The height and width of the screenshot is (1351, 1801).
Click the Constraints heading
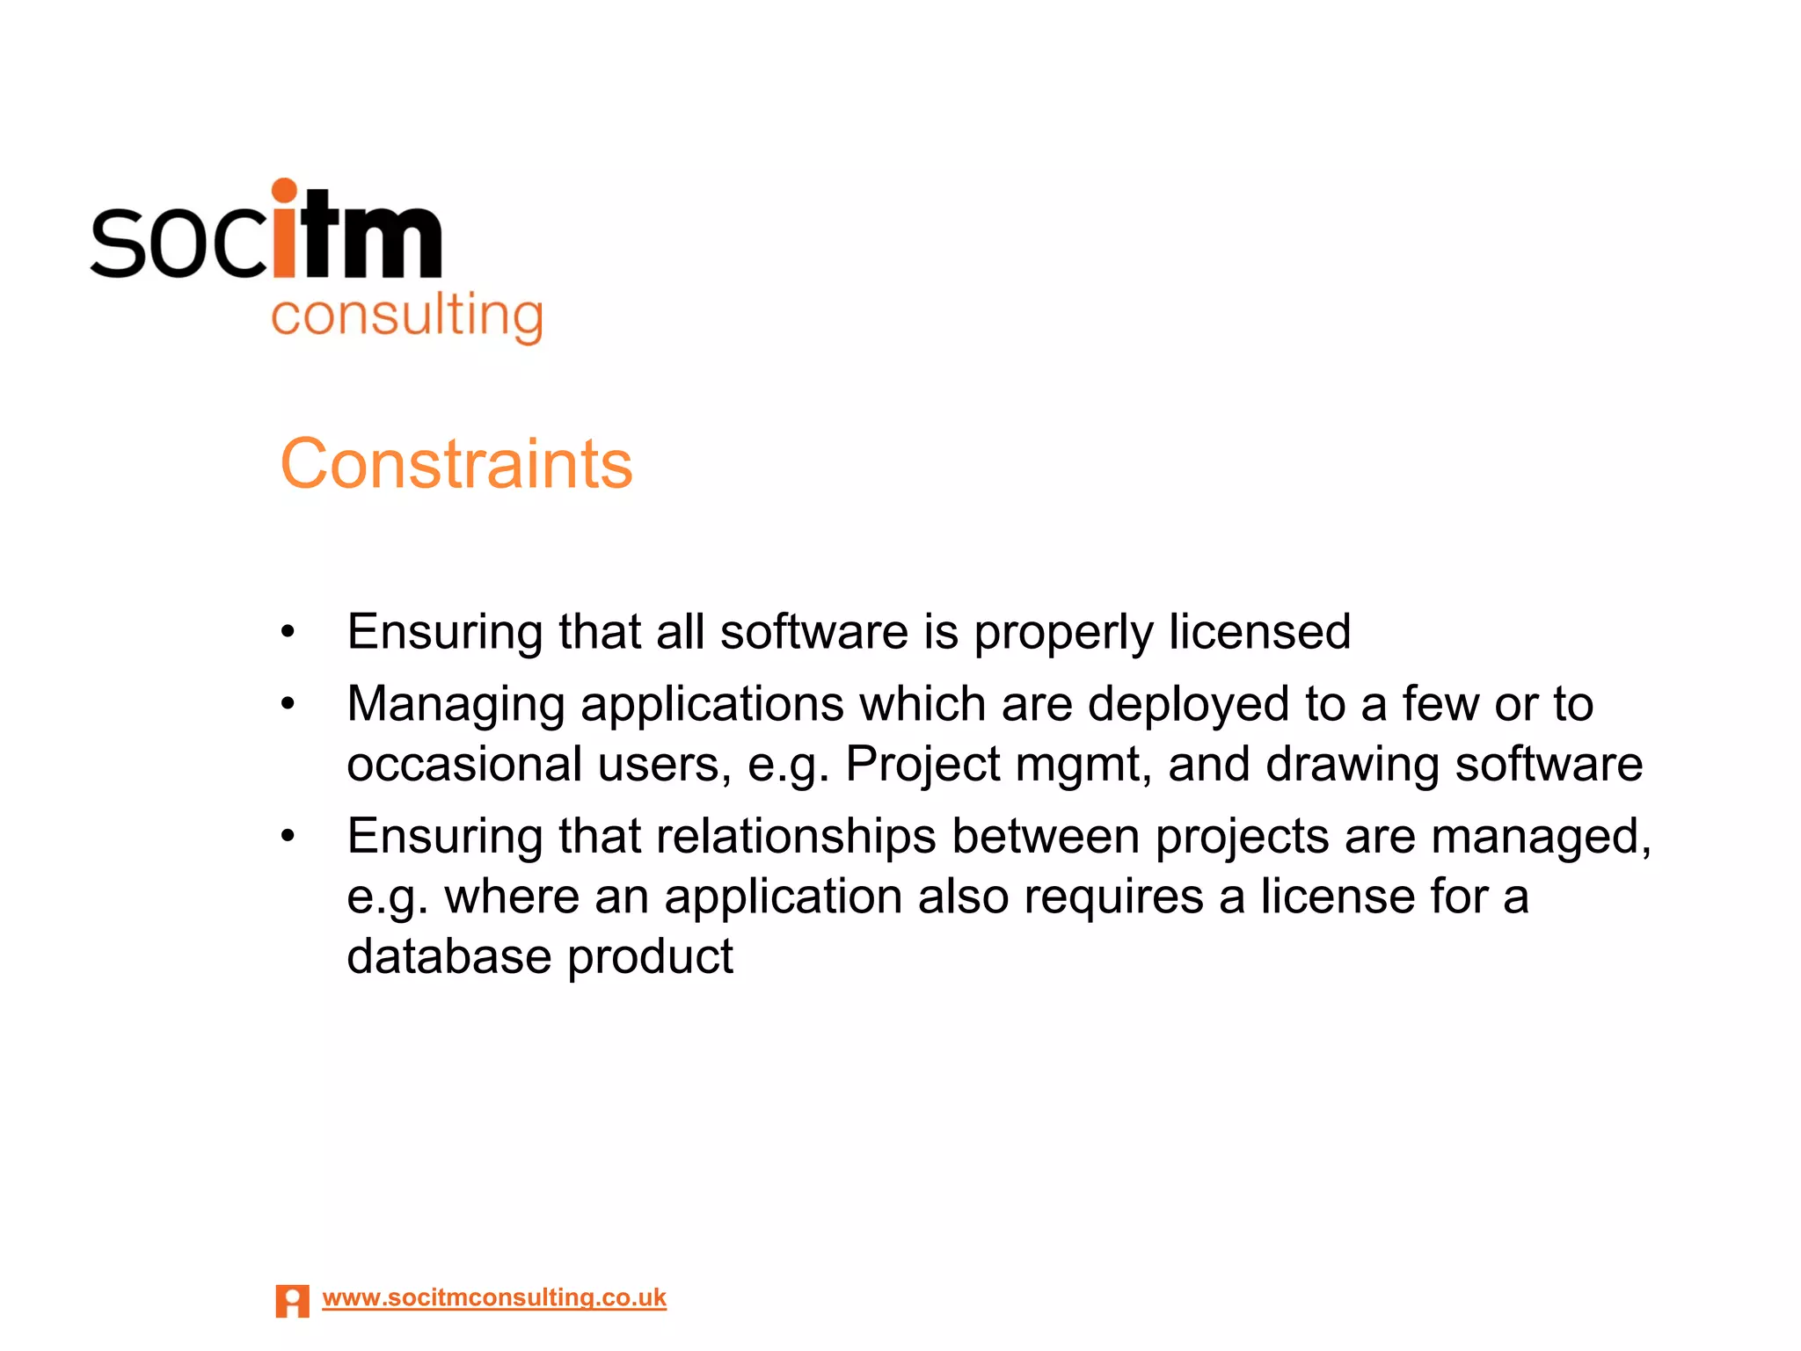[456, 464]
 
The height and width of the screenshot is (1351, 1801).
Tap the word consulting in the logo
[407, 316]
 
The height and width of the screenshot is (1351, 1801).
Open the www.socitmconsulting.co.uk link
[494, 1297]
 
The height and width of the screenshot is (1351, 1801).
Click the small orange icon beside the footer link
[292, 1301]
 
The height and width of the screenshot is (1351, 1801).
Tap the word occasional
[464, 764]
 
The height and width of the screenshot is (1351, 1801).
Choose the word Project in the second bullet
[922, 764]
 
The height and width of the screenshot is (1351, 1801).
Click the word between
[1046, 836]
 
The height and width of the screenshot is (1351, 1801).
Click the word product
[650, 956]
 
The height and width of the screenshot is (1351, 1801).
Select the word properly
[1063, 632]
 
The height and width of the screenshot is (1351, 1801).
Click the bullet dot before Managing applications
[288, 703]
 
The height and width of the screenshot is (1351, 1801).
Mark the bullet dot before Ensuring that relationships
[288, 835]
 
